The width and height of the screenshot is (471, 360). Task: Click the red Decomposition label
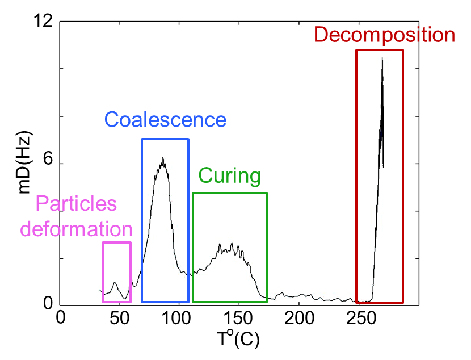(x=384, y=35)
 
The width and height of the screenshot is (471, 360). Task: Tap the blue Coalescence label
(x=165, y=120)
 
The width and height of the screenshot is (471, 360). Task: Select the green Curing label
(x=229, y=175)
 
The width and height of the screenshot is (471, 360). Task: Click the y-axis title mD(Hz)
(x=25, y=163)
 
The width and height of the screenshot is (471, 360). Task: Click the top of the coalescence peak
(x=163, y=158)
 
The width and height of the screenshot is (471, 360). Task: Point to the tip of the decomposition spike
(x=382, y=58)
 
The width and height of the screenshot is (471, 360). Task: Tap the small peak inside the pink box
(x=115, y=282)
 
